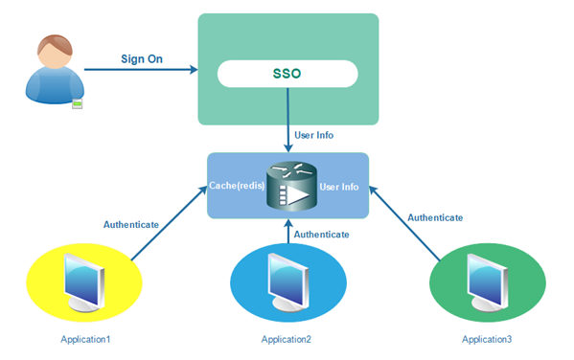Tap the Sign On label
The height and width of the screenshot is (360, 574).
click(x=141, y=58)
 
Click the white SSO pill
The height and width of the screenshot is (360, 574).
click(x=287, y=73)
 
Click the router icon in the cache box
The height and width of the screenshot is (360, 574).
click(x=287, y=185)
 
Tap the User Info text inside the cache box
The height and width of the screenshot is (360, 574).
click(x=339, y=186)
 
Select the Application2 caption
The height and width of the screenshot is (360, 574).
click(x=286, y=339)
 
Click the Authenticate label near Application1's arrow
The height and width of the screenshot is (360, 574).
click(x=130, y=224)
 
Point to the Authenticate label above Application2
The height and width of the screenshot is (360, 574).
click(x=321, y=233)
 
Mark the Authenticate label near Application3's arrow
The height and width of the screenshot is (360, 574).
click(x=435, y=217)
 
